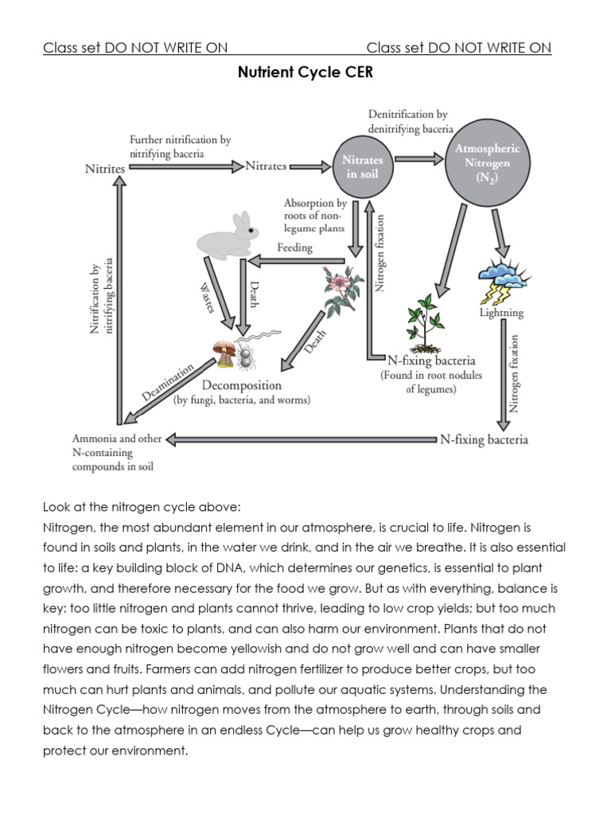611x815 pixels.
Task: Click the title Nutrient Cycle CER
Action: [305, 73]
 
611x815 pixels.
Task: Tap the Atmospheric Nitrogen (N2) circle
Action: [486, 164]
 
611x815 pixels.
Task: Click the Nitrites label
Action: [105, 169]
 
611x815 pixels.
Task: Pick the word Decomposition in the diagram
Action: [241, 385]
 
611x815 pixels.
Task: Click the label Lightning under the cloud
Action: [501, 313]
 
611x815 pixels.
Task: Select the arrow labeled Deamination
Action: [169, 390]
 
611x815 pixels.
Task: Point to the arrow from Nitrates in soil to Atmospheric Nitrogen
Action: [419, 158]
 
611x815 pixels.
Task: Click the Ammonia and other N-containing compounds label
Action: [117, 453]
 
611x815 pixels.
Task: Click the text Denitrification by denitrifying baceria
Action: [411, 121]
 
